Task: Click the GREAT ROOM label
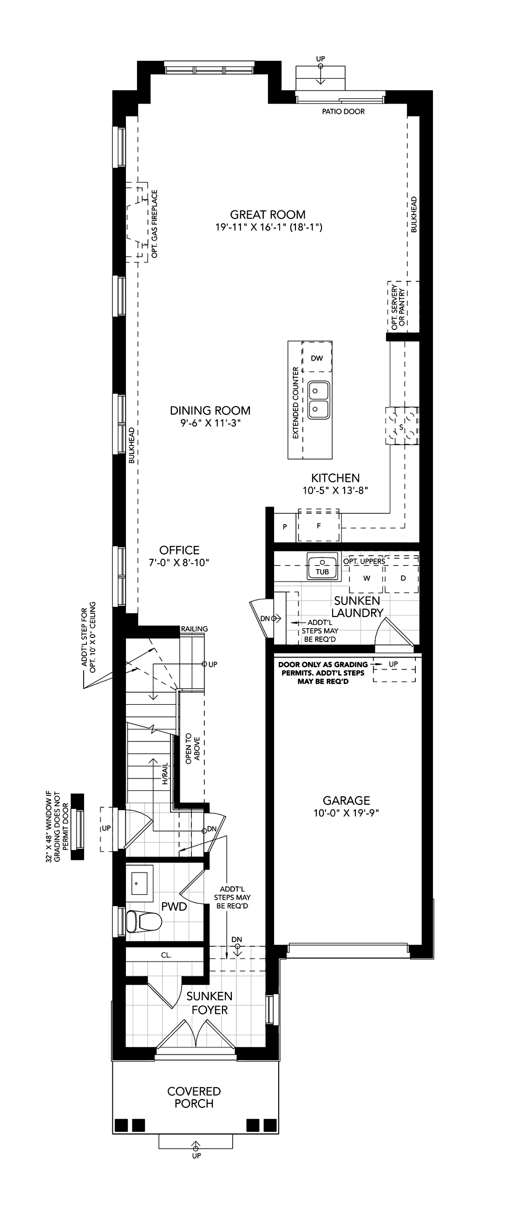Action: click(x=268, y=215)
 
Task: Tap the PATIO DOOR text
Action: click(x=343, y=112)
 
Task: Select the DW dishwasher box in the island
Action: click(x=317, y=357)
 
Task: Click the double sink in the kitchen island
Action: click(x=319, y=399)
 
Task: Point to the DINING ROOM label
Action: click(x=210, y=411)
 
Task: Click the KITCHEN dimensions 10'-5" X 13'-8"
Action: click(x=335, y=491)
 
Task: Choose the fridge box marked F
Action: click(x=319, y=525)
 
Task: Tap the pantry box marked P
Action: click(x=285, y=527)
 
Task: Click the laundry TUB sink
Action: click(x=322, y=565)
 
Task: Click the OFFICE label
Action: click(x=179, y=550)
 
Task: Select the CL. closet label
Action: click(x=166, y=955)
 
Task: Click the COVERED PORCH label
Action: click(x=194, y=1097)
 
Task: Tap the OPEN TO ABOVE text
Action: click(x=192, y=748)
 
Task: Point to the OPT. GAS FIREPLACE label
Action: click(x=155, y=223)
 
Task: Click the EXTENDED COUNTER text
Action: click(x=295, y=403)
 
